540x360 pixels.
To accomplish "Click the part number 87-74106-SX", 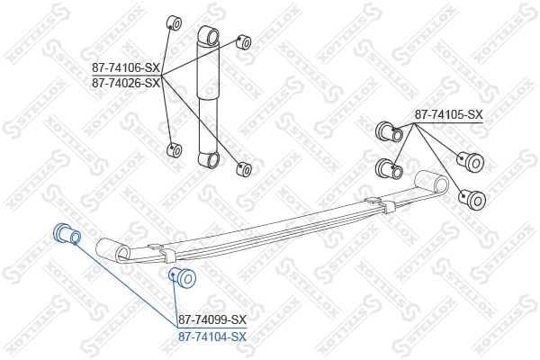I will coord(125,67).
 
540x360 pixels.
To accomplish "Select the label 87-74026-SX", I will coord(125,82).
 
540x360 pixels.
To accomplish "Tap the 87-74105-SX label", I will coord(448,114).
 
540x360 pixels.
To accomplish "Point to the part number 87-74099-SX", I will coord(211,319).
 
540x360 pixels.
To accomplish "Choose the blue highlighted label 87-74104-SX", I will coord(211,336).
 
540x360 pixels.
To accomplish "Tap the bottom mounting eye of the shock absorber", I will coord(211,160).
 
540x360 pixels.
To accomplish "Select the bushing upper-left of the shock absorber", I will coord(175,22).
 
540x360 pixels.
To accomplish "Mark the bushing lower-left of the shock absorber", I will coord(175,148).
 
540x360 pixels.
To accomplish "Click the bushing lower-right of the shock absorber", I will coord(243,167).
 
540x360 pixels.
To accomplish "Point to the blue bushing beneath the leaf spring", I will coord(183,277).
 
